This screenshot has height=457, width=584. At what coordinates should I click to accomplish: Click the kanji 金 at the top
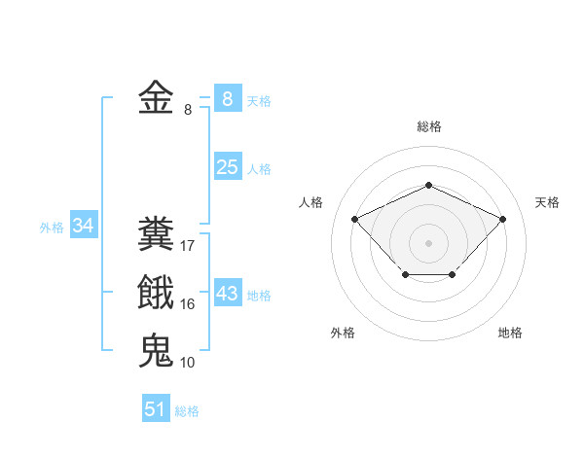coord(156,99)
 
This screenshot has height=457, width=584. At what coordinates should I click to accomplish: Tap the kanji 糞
coord(156,235)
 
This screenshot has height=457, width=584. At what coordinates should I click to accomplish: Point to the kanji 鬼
coord(156,350)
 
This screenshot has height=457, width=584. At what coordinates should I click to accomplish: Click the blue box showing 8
coord(227,99)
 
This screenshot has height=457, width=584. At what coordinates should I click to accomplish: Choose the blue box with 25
coord(227,167)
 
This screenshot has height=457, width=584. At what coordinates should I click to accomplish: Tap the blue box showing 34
coord(84,227)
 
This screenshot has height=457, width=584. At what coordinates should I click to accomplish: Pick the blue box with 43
coord(227,294)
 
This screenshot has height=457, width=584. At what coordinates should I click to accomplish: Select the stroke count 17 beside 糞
coord(188,246)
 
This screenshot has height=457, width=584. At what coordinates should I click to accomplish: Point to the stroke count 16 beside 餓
coord(188,304)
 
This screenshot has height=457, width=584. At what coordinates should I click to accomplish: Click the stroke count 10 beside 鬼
coord(188,362)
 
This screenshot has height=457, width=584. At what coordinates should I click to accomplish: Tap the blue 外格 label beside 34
coord(52,228)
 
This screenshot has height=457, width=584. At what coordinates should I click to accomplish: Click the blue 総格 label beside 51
coord(187,411)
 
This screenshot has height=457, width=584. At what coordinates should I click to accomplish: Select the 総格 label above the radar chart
coord(428,126)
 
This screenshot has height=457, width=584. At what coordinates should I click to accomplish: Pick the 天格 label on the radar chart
coord(547,202)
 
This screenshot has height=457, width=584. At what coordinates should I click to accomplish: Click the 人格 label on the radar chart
coord(310,202)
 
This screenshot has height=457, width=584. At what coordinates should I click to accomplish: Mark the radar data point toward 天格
coord(502,219)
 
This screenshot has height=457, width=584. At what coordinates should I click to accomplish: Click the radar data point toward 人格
coord(355,219)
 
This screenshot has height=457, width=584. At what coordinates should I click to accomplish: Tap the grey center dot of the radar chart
coord(428,242)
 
